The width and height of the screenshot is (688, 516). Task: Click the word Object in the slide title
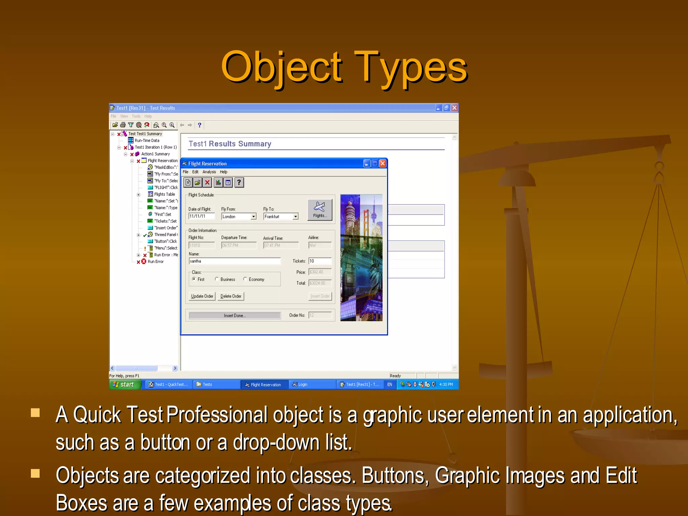tap(282, 67)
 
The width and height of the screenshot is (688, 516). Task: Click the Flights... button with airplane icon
tap(320, 210)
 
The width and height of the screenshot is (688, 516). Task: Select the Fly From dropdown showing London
tap(239, 217)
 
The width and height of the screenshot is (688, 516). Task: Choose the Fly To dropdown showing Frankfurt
tap(281, 217)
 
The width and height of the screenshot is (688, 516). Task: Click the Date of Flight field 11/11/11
tap(201, 216)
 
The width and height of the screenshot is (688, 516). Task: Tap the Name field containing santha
tap(234, 261)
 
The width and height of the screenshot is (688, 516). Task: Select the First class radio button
tap(194, 279)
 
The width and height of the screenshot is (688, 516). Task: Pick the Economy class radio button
tap(245, 279)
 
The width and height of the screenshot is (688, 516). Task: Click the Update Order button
tap(202, 296)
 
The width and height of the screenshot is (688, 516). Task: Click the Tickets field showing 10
tap(319, 261)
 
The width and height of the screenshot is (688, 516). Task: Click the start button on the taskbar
tap(124, 384)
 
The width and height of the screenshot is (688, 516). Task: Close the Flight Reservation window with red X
tap(383, 164)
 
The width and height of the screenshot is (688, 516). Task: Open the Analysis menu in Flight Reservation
tap(209, 172)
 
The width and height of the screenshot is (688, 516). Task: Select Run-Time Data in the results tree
tap(147, 140)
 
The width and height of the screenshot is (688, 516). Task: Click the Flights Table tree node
tap(164, 194)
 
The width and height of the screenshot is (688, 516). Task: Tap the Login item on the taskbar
tap(302, 385)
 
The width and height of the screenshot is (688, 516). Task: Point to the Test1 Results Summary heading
tap(230, 144)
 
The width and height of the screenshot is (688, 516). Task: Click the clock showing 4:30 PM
tap(446, 385)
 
